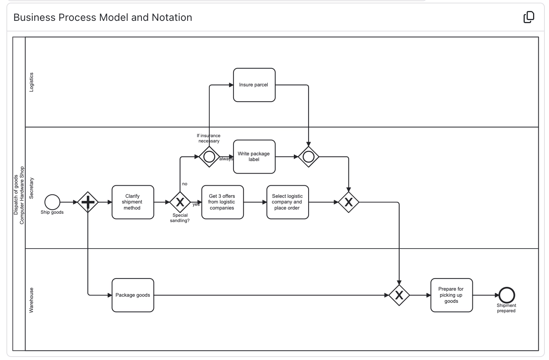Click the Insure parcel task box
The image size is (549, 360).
pos(254,85)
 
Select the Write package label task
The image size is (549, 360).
pos(254,157)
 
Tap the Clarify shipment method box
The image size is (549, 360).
pos(133,202)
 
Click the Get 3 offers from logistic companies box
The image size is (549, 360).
pos(222,202)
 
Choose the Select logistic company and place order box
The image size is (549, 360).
pos(287,202)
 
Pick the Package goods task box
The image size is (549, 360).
pos(133,295)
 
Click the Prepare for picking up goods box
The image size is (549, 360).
pos(451,295)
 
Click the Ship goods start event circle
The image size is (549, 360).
pos(52,202)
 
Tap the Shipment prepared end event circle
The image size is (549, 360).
pos(507,295)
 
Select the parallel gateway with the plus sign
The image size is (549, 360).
pos(88,202)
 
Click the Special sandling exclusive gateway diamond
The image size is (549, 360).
pos(180,202)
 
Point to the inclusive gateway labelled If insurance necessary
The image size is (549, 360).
pos(209,157)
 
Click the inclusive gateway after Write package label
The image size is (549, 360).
pos(309,157)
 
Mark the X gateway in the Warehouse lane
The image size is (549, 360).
pos(399,295)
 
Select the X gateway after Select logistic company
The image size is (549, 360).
pos(348,202)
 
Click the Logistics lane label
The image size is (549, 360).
pos(31,82)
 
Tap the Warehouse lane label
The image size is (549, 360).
pos(31,300)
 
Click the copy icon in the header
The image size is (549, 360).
pos(529,17)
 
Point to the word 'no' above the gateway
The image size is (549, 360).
pos(185,184)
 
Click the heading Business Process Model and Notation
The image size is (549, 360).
pos(103,17)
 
